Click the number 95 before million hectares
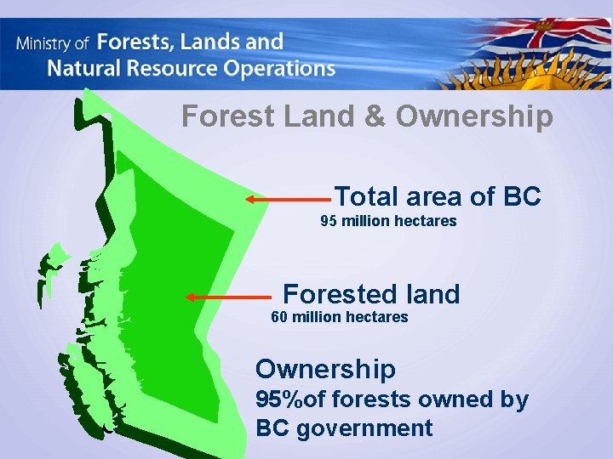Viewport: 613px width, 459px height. [x=329, y=221]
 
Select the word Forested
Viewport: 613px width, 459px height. [x=332, y=294]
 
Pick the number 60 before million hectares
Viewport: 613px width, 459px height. [x=279, y=317]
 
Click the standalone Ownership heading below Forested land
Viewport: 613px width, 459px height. [x=325, y=369]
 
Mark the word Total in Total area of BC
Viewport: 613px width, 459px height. [x=367, y=196]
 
